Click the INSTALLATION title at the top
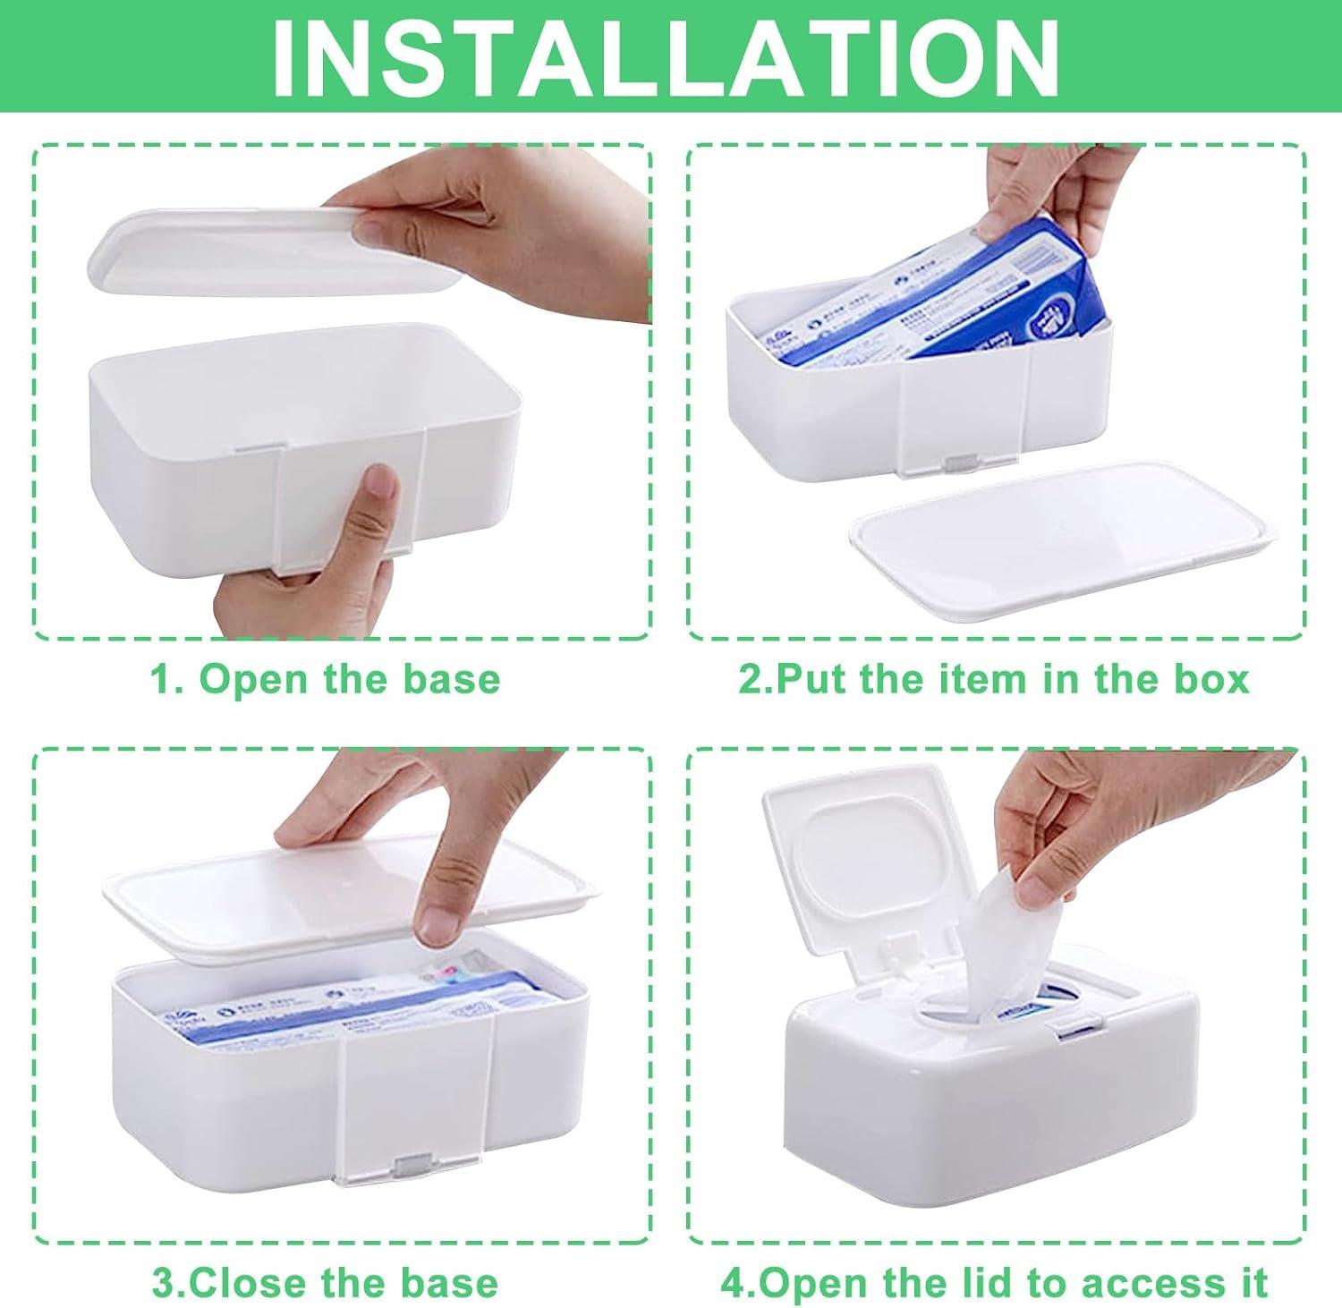click(667, 55)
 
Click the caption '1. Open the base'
click(325, 679)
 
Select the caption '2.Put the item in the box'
click(993, 679)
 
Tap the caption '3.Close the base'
click(325, 1282)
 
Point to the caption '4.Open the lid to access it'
click(994, 1282)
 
